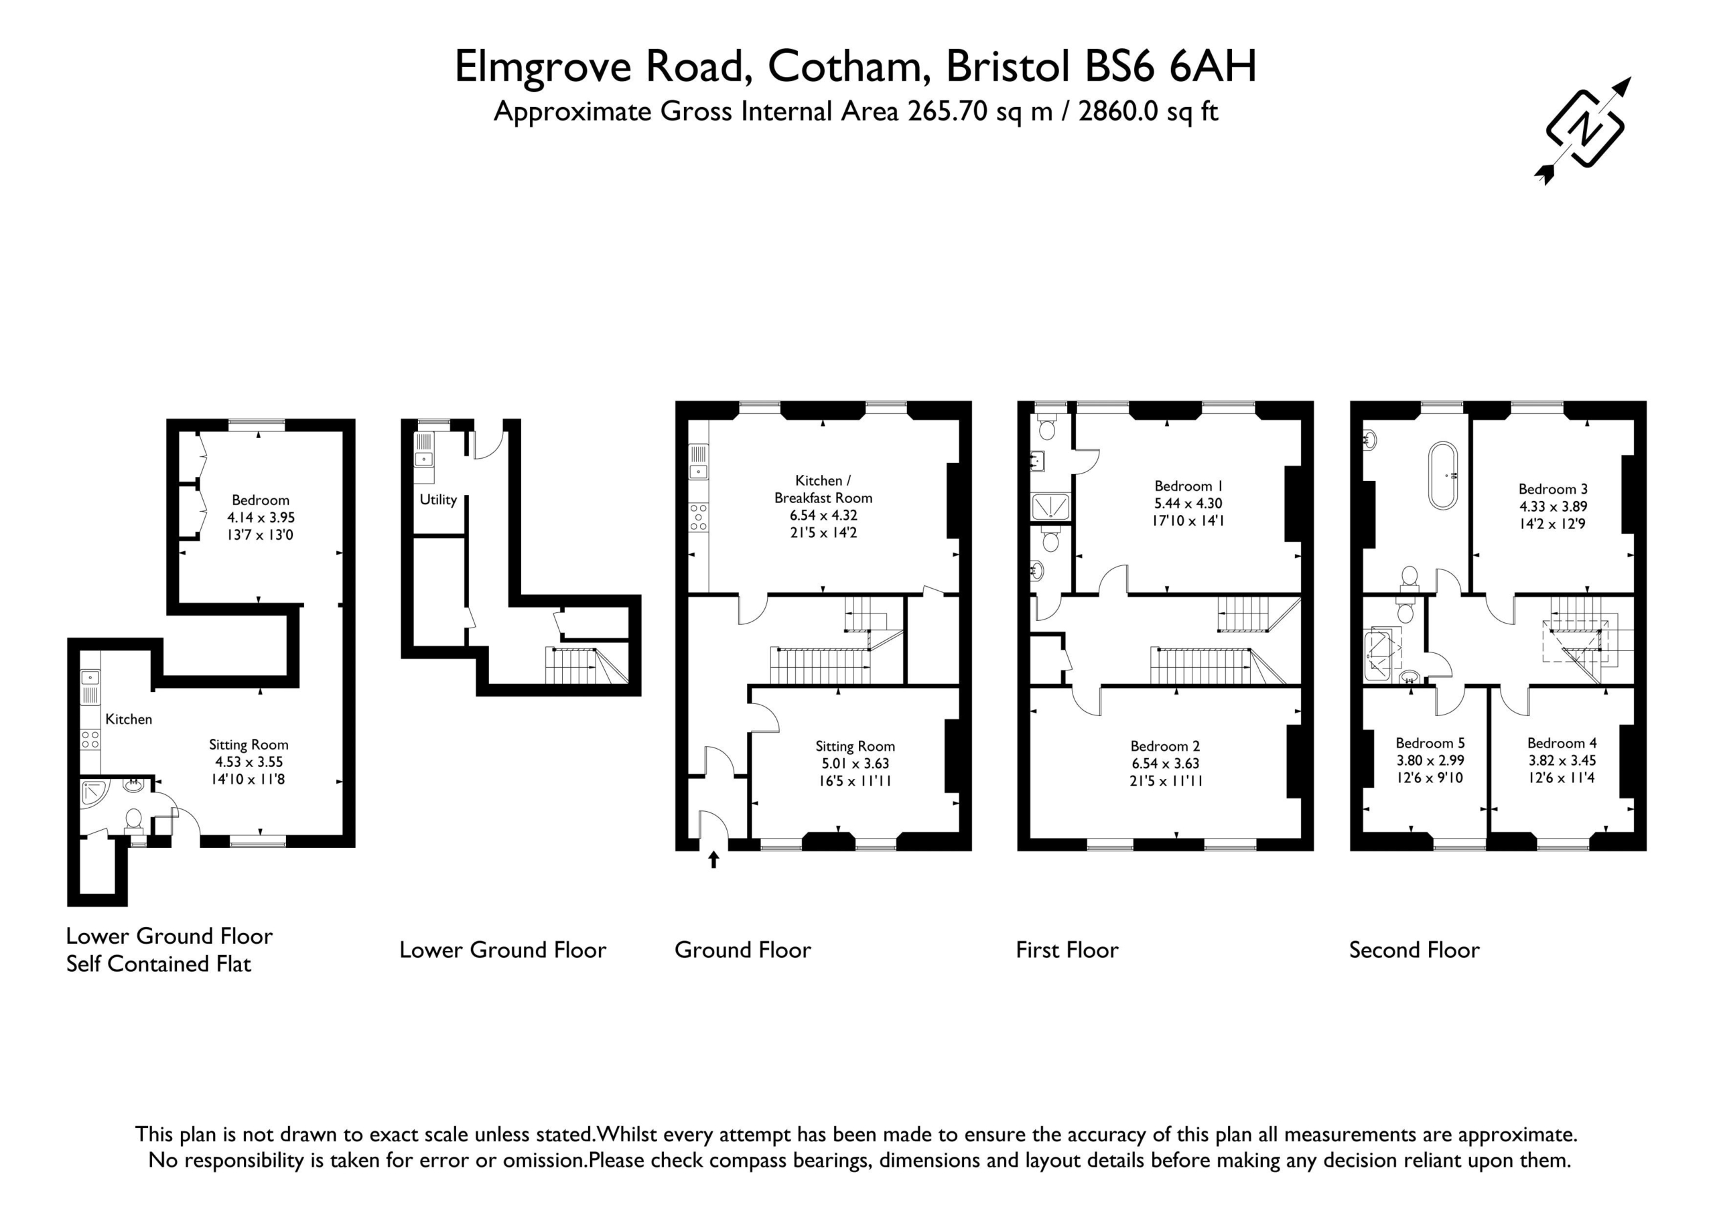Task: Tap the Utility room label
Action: [x=437, y=500]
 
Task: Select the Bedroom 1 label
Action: [x=1188, y=486]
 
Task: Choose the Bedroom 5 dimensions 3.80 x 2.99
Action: [x=1430, y=760]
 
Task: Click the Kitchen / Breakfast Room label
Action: [x=823, y=489]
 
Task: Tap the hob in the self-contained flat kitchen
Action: [x=90, y=740]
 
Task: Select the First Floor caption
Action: [x=1067, y=950]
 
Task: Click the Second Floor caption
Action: [x=1414, y=950]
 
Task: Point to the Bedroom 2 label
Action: [x=1165, y=746]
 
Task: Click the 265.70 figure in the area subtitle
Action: [x=943, y=111]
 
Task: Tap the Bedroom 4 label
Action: [x=1562, y=743]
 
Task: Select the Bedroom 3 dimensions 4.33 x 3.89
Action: [x=1553, y=506]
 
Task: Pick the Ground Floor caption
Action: [x=742, y=950]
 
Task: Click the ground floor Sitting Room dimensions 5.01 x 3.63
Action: [x=855, y=764]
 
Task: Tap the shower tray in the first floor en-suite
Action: [x=1050, y=506]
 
